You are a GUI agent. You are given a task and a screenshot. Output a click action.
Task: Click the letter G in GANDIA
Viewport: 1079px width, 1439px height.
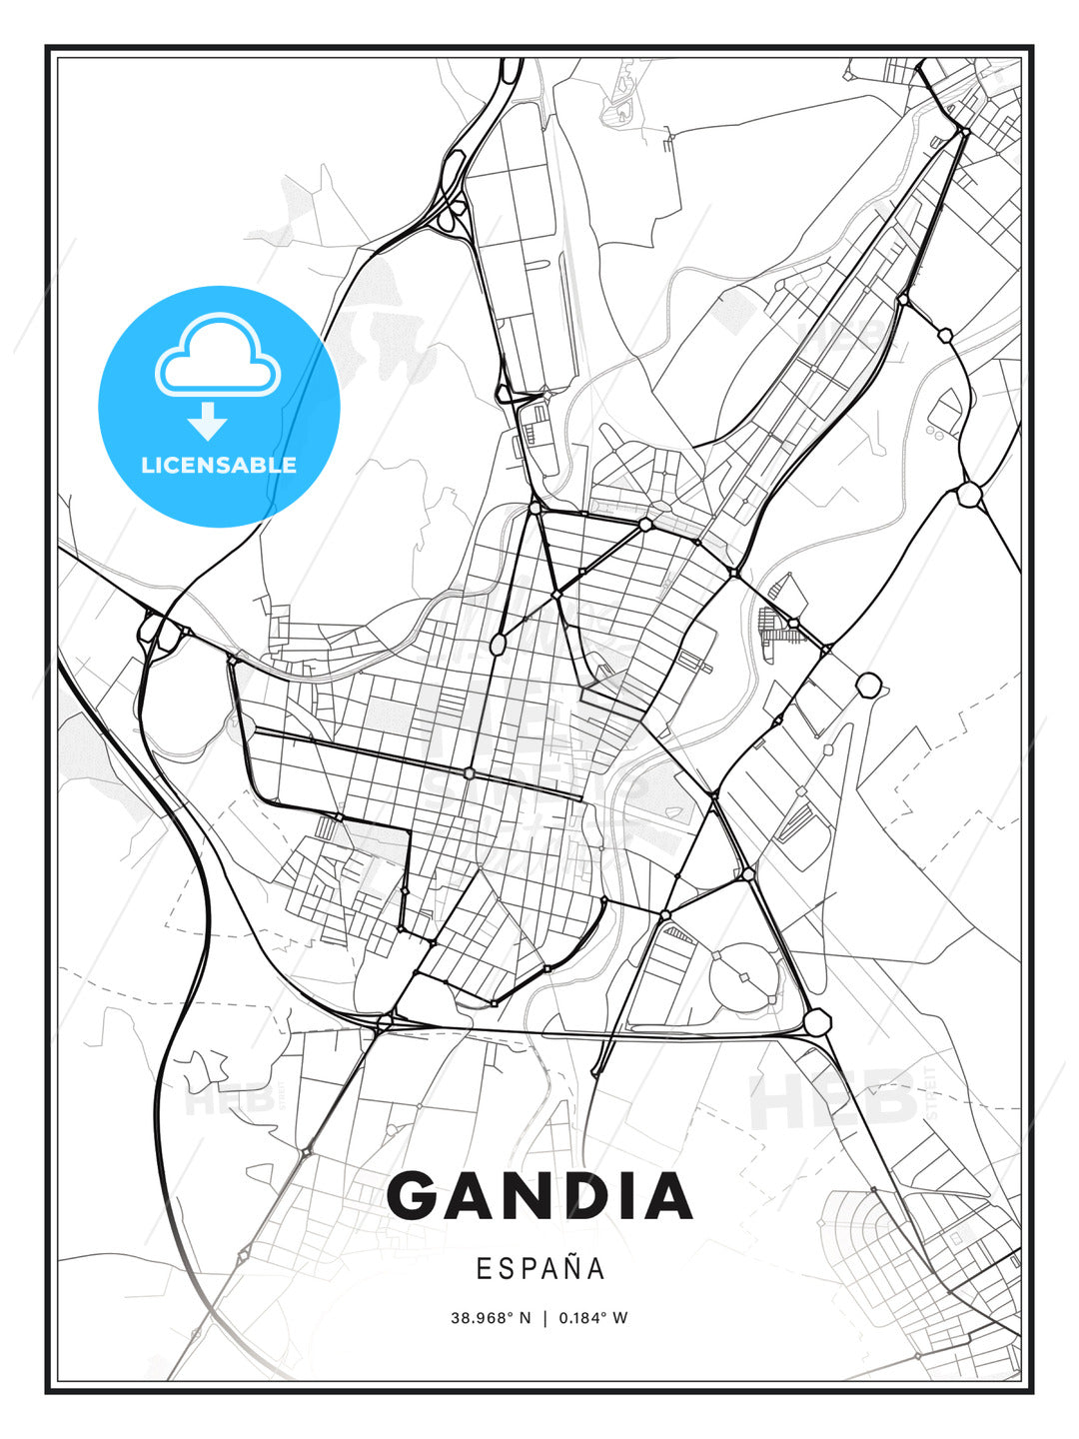click(417, 1196)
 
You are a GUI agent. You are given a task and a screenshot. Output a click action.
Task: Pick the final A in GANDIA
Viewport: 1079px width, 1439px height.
click(669, 1196)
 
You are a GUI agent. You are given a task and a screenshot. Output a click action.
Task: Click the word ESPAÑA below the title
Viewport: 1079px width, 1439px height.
click(540, 1268)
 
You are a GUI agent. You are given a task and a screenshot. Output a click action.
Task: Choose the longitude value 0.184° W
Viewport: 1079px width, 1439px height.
click(592, 1318)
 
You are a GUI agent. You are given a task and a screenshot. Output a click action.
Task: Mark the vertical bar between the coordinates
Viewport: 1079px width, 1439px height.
click(544, 1318)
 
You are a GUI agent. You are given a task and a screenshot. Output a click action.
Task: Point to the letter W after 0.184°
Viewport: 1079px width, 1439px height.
click(620, 1318)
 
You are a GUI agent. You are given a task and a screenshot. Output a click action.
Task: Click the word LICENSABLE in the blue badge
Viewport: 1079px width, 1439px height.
click(219, 465)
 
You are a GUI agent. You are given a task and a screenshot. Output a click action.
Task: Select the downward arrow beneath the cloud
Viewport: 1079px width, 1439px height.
click(209, 421)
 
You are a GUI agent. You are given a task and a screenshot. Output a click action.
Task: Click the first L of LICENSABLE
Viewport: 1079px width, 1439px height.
click(147, 465)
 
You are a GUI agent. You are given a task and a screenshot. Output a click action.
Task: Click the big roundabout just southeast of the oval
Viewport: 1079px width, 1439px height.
click(817, 1021)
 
